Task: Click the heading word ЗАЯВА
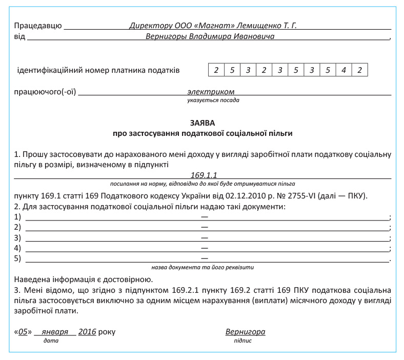click(x=203, y=123)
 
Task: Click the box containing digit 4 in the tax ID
click(x=344, y=70)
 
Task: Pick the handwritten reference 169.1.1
click(x=203, y=175)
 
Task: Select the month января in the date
click(x=55, y=332)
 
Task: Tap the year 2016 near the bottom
click(x=87, y=332)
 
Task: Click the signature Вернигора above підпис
click(x=246, y=332)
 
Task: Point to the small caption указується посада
click(x=213, y=101)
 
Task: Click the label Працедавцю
click(x=38, y=25)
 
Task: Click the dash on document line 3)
click(x=204, y=238)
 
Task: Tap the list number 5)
click(x=18, y=258)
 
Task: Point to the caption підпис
click(x=243, y=341)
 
